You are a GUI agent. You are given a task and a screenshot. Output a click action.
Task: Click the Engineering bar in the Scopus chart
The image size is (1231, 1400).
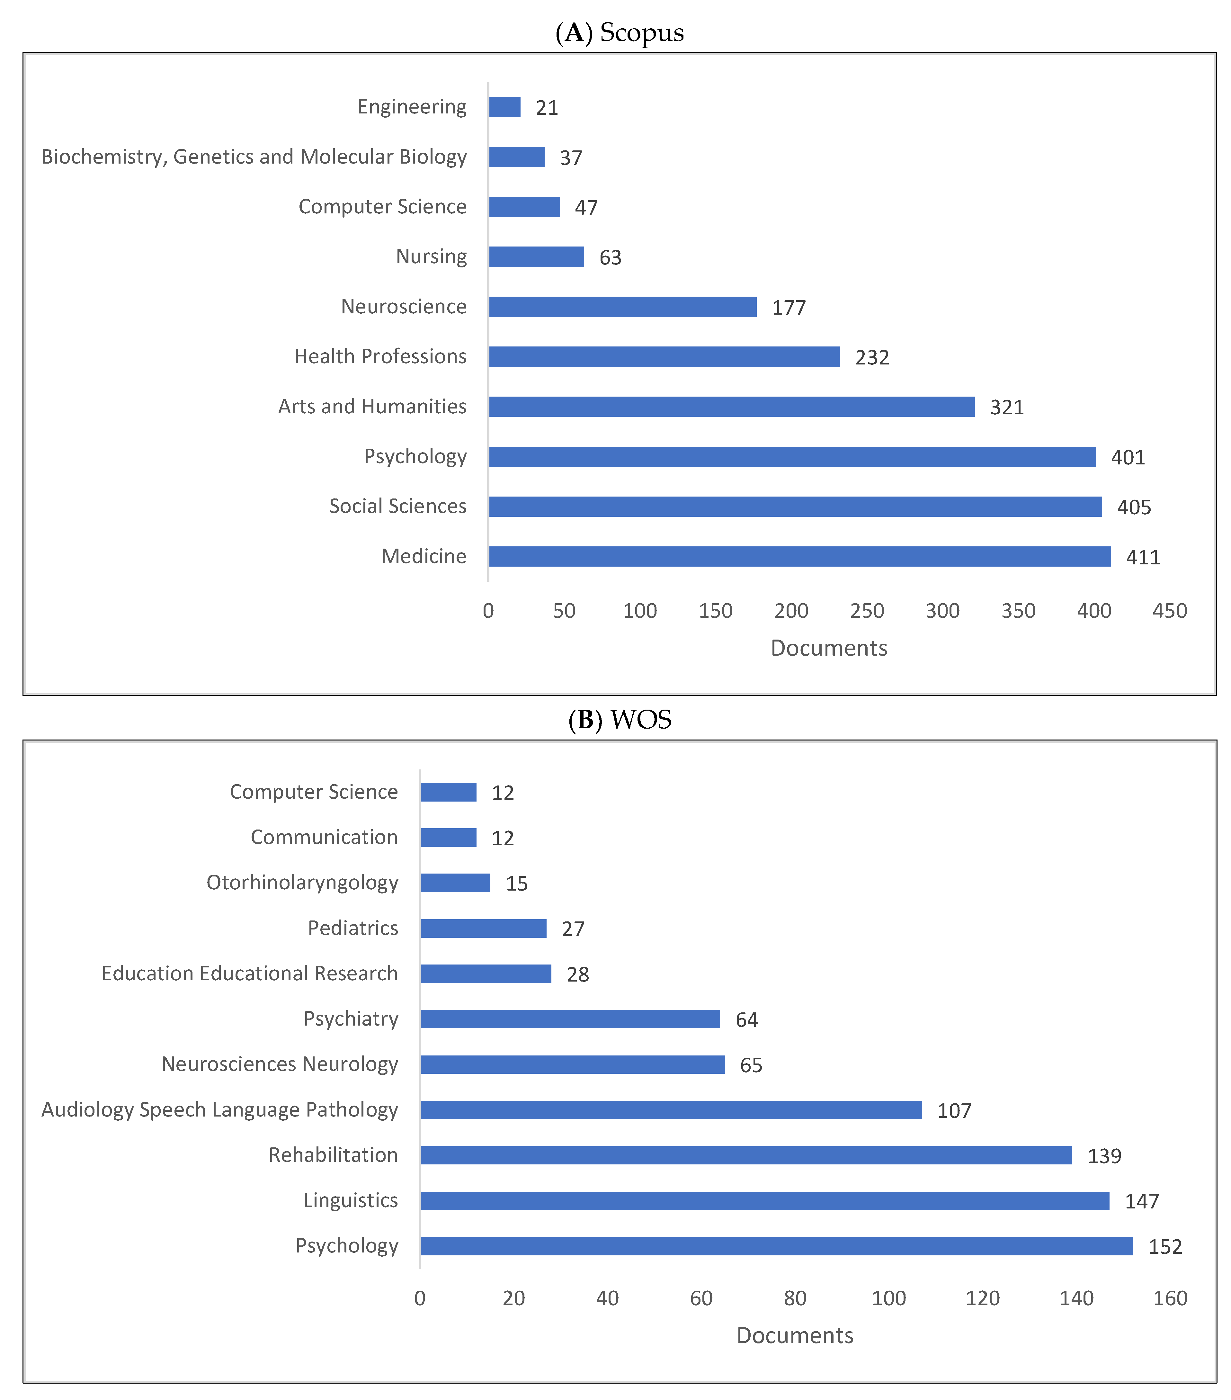click(x=504, y=107)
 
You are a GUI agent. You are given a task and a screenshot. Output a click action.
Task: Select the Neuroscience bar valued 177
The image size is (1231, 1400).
click(x=622, y=307)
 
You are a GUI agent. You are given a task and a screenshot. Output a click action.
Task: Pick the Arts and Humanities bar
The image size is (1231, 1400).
click(x=731, y=407)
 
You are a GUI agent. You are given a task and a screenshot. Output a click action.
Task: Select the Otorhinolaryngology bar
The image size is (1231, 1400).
click(x=455, y=883)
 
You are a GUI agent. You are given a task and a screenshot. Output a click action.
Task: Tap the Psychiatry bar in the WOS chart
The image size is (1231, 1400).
click(x=570, y=1019)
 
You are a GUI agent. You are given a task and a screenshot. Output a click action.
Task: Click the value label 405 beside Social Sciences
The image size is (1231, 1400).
click(x=1134, y=507)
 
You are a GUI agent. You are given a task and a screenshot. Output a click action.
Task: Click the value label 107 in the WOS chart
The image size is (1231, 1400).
click(x=954, y=1110)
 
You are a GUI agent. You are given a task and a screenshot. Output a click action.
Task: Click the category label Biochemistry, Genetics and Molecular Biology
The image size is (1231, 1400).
click(x=254, y=157)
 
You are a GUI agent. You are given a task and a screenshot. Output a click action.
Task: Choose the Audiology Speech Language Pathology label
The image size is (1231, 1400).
click(x=220, y=1109)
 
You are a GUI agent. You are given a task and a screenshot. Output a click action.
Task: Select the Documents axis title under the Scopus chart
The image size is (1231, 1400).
click(x=828, y=648)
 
